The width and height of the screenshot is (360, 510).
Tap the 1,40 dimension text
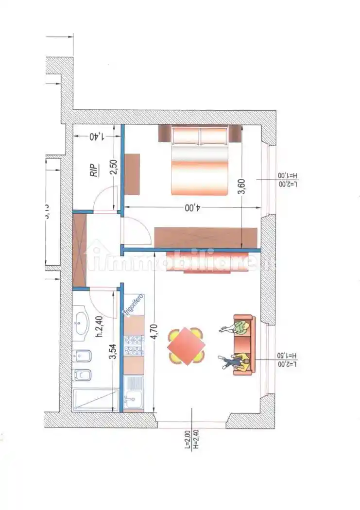coord(97,136)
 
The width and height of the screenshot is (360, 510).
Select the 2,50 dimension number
coord(113,167)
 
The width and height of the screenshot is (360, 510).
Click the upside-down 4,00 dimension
coord(192,207)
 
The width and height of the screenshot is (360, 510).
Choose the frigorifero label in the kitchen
coord(134,306)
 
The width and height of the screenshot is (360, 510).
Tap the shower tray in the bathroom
coord(95,400)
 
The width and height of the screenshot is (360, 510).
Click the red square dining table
coord(186,346)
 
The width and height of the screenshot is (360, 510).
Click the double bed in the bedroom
coord(200,160)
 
